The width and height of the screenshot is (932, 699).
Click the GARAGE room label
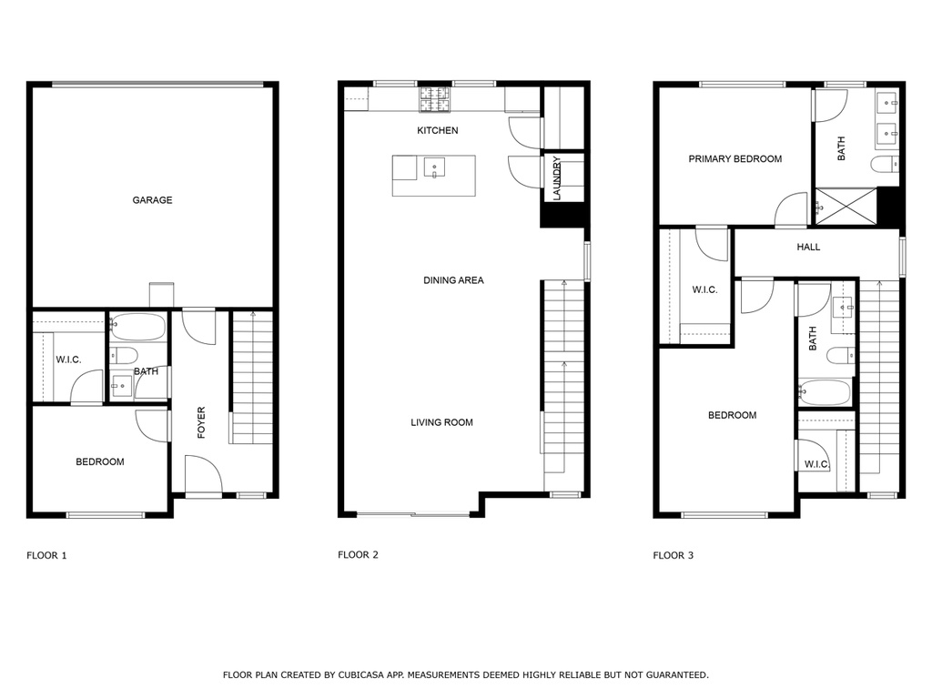(152, 200)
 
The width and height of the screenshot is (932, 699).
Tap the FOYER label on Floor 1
(201, 422)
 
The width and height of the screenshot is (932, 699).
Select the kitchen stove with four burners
(436, 98)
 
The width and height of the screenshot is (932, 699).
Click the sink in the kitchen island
(434, 167)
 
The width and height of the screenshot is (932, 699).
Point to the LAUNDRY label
(557, 177)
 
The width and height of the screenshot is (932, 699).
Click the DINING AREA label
(453, 280)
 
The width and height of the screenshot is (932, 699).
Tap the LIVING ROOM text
(441, 422)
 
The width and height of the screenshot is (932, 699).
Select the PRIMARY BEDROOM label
(735, 158)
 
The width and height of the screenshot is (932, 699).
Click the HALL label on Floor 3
(808, 247)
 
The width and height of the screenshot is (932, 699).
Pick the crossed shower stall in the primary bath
(846, 207)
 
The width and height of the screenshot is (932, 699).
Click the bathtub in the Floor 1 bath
(138, 327)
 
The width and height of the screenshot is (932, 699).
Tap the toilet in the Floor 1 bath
(124, 356)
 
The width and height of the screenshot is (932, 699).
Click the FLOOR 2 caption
(358, 554)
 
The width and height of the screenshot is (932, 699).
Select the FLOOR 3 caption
(673, 555)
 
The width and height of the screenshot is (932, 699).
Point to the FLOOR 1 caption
(46, 555)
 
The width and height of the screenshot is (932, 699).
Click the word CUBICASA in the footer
(360, 674)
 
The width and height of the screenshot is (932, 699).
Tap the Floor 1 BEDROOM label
(100, 461)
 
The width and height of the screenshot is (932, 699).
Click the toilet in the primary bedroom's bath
(885, 164)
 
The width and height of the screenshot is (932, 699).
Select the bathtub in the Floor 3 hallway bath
(825, 392)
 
